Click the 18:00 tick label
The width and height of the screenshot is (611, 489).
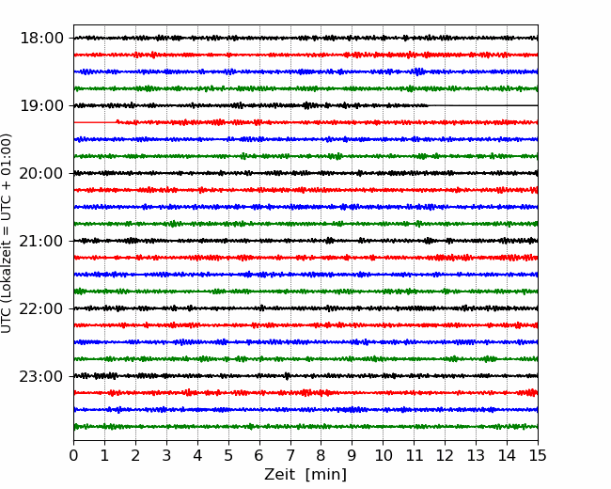41,39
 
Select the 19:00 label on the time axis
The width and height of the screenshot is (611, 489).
41,105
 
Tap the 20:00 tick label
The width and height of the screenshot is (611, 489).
41,173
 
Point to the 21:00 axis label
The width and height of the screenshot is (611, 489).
41,241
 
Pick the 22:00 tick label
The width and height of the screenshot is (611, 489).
41,308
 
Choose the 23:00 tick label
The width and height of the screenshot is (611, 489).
41,376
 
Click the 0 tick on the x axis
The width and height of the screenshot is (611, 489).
73,455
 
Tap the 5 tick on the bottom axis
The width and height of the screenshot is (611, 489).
228,455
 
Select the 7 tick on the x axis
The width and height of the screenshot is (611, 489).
290,455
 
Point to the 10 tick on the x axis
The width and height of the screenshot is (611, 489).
383,455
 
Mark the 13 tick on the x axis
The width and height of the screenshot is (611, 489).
476,455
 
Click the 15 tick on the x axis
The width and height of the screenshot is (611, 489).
538,455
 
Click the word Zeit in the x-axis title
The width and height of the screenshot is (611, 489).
280,474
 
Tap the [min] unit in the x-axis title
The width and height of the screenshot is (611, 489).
326,475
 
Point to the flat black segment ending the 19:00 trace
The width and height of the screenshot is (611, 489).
483,105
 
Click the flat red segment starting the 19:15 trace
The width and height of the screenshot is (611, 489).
96,122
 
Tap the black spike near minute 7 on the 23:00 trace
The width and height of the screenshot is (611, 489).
288,376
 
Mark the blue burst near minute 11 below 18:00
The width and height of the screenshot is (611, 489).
419,71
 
